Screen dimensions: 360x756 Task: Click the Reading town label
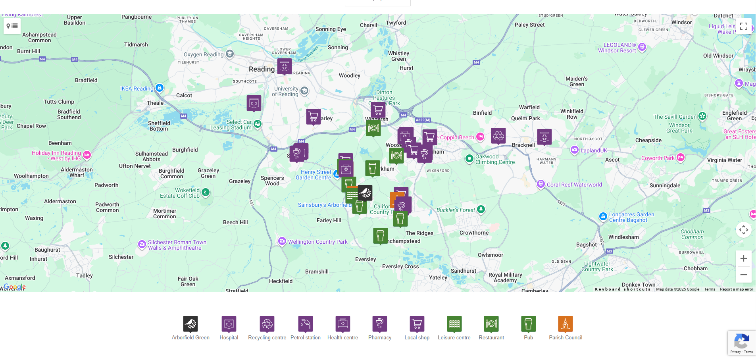[x=262, y=69]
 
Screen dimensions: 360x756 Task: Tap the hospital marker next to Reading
[x=284, y=66]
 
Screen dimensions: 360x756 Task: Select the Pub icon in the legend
[x=528, y=324]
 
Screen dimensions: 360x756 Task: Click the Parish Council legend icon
[x=565, y=324]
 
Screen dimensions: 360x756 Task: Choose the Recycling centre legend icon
[x=267, y=324]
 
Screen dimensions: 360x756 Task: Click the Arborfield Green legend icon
[x=190, y=324]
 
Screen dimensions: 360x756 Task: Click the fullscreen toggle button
[x=743, y=26]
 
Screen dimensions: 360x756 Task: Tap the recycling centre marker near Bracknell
[x=498, y=136]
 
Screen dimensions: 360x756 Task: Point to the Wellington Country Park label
[x=317, y=242]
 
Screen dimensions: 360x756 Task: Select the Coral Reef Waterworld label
[x=574, y=185]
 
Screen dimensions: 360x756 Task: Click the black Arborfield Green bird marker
[x=365, y=193]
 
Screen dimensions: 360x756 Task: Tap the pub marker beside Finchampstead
[x=380, y=235]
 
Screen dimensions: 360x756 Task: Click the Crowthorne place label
[x=474, y=233]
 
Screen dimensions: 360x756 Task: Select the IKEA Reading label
[x=137, y=89]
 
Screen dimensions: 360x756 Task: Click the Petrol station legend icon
[x=305, y=324]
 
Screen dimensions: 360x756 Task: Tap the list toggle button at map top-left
[x=12, y=26]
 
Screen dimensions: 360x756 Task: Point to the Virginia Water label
[x=724, y=160]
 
